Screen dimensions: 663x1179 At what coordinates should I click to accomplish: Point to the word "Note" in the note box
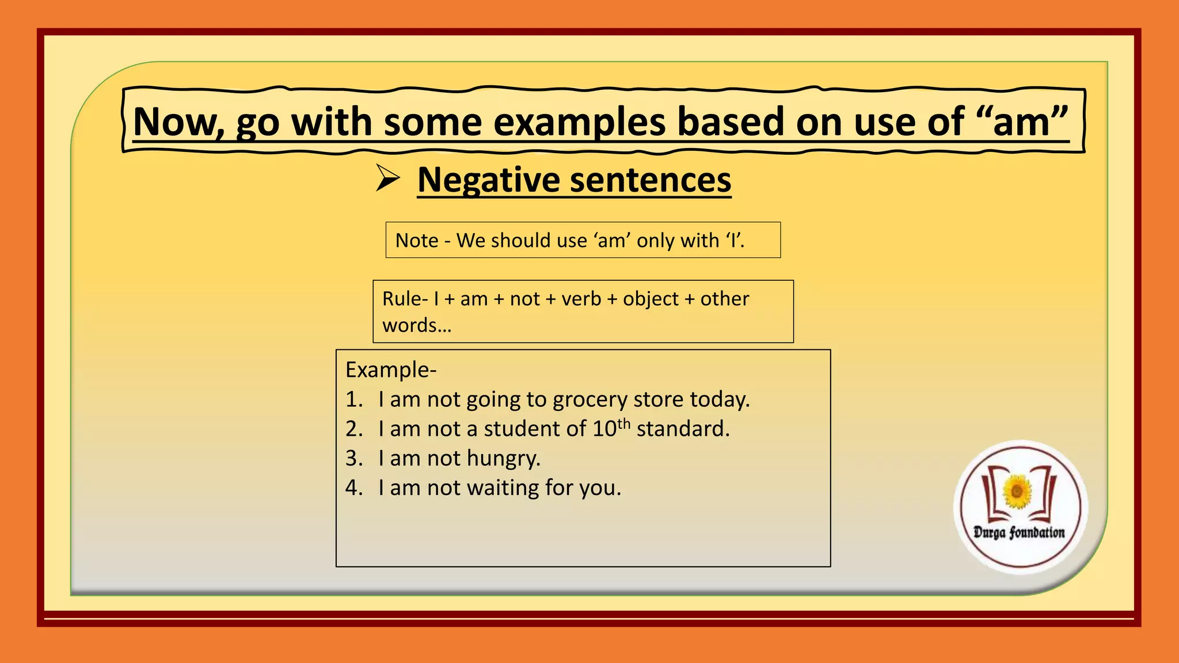(417, 241)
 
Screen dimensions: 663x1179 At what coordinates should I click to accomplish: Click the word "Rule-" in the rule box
(405, 299)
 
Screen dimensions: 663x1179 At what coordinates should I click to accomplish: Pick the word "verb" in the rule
(581, 299)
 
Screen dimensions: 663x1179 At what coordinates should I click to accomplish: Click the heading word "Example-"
(391, 369)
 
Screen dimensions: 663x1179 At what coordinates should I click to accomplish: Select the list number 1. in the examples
(354, 399)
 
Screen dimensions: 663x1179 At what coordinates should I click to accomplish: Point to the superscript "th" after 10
(623, 424)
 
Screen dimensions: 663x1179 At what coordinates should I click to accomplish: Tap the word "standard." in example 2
(683, 429)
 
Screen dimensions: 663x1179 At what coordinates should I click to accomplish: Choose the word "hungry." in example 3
(504, 459)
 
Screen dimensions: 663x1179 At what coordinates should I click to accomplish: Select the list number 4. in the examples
(354, 488)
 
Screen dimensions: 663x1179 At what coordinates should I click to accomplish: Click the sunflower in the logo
(1018, 491)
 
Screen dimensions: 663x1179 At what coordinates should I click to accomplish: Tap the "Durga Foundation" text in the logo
(1019, 532)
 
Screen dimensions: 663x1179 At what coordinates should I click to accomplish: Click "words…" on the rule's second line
(417, 326)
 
